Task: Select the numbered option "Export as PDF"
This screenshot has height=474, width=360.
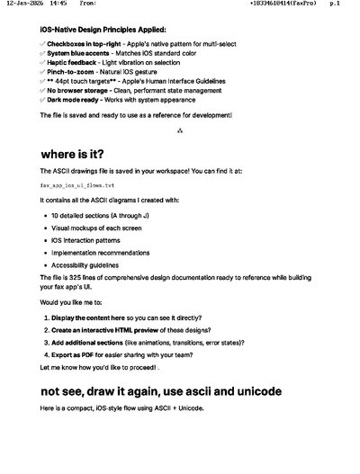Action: point(76,355)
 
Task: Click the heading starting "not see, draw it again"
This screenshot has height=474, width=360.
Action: point(161,392)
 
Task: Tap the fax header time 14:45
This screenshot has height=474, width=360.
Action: point(58,4)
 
